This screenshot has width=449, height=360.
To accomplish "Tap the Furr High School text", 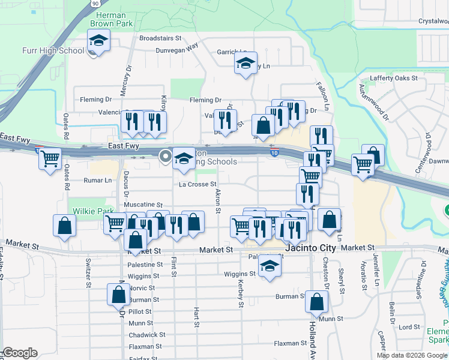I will click(x=53, y=50).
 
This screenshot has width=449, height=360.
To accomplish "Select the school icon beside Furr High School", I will click(x=98, y=41).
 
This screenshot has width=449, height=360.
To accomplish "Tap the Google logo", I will click(x=20, y=353).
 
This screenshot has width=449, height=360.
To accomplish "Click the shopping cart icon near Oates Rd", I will click(x=50, y=159).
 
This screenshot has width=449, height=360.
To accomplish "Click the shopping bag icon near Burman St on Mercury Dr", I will click(x=118, y=295).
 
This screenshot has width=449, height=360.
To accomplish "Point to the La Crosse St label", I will click(x=197, y=185).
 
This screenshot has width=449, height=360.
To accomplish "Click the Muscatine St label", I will click(x=143, y=205).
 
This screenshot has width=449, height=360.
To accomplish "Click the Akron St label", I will click(x=218, y=203).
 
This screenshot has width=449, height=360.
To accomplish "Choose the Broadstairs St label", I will click(x=160, y=37).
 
